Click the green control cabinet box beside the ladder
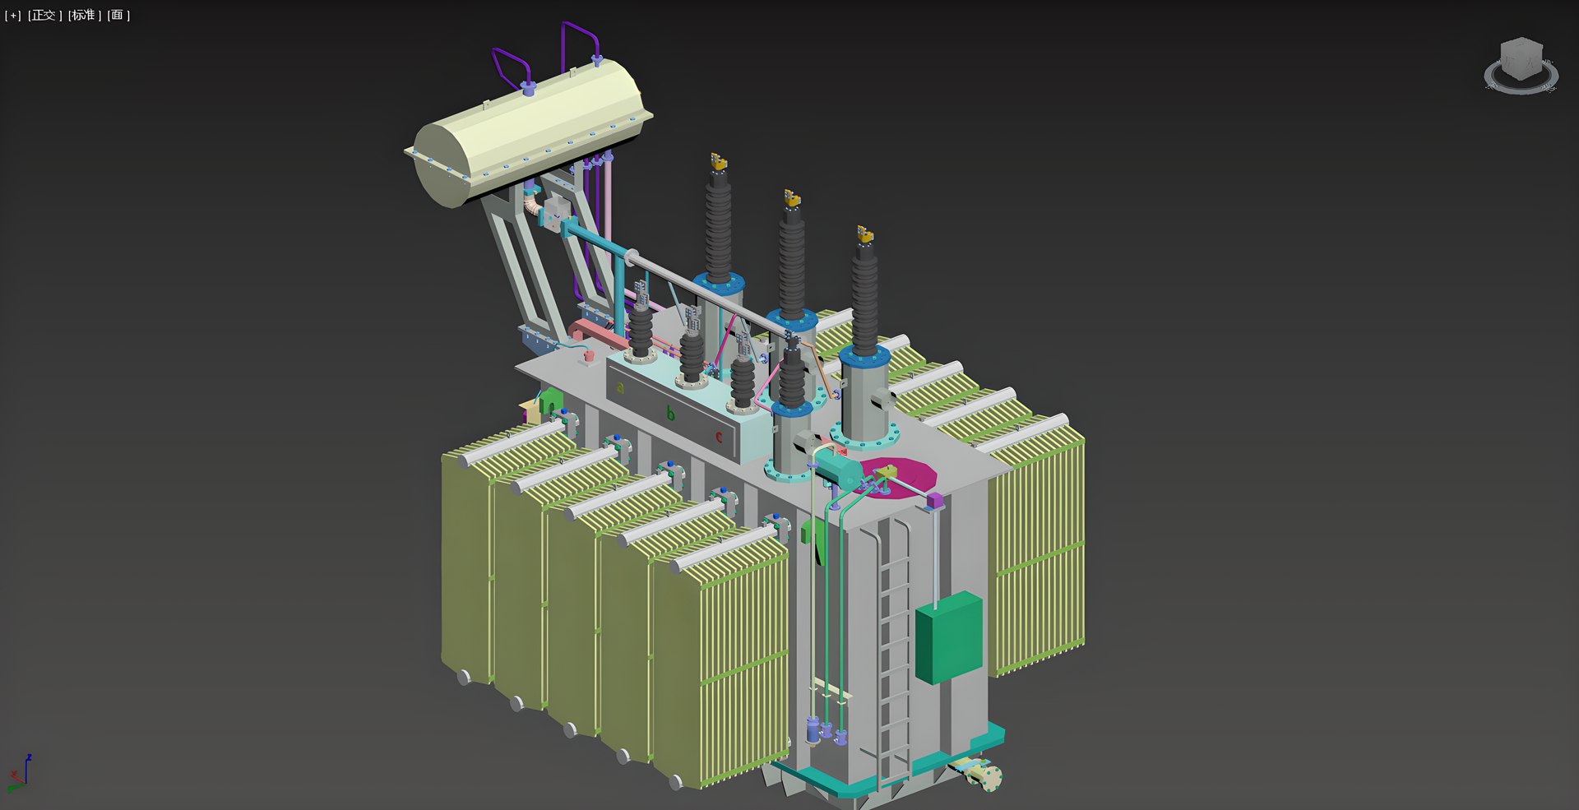[948, 637]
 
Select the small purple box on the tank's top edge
[933, 500]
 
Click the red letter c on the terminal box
[719, 437]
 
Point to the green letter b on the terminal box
[670, 413]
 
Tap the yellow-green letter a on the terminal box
[621, 387]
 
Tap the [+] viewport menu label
[13, 15]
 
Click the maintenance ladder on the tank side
[895, 650]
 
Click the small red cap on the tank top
[589, 355]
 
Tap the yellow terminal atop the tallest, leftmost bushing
[718, 161]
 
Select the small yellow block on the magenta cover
[885, 472]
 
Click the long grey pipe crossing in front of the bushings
[707, 296]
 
